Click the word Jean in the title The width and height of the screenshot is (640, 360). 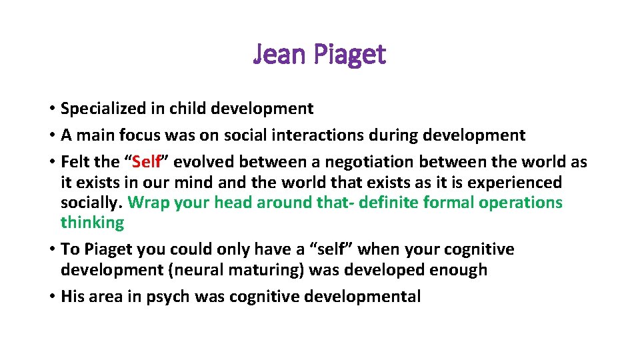tap(277, 55)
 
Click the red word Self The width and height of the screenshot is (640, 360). tap(147, 162)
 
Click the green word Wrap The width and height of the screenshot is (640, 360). tap(147, 203)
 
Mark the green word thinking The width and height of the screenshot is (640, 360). tap(92, 223)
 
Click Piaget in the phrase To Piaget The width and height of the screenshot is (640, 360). tap(109, 250)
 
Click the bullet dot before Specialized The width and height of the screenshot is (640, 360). tap(51, 109)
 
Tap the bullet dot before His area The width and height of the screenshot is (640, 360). tap(51, 297)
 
